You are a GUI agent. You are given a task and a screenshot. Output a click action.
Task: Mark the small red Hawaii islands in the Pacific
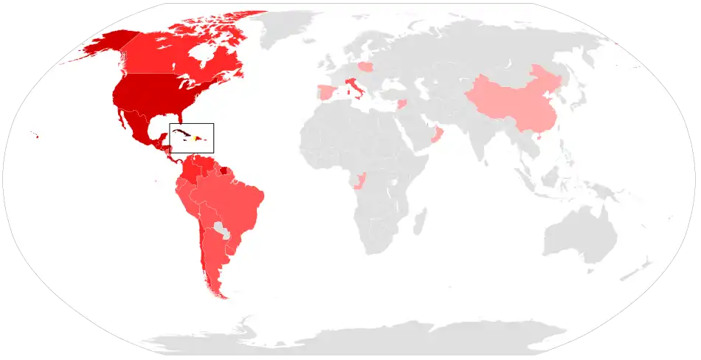click(x=35, y=134)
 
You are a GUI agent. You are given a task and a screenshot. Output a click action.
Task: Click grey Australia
click(x=579, y=236)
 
